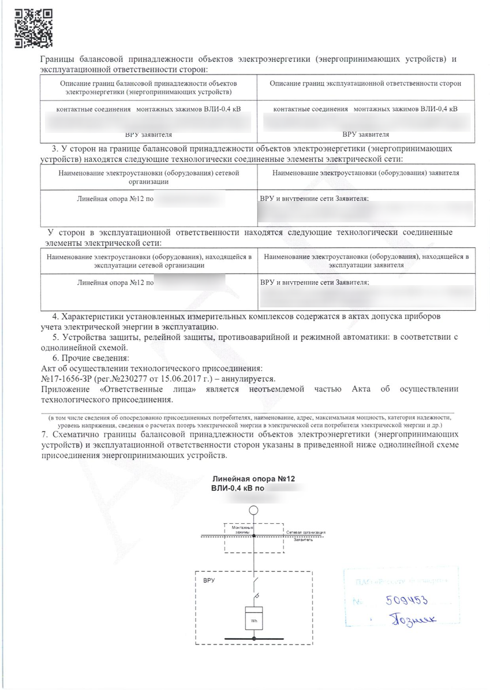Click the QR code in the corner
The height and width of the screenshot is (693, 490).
(x=32, y=28)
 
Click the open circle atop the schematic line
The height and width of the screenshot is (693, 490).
(x=253, y=510)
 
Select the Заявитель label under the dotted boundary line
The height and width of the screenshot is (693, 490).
(x=303, y=540)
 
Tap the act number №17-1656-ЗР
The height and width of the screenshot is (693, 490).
(x=68, y=379)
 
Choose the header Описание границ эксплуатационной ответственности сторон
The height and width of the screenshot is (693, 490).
(x=365, y=84)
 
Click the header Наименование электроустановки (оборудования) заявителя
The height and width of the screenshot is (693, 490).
(x=365, y=173)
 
